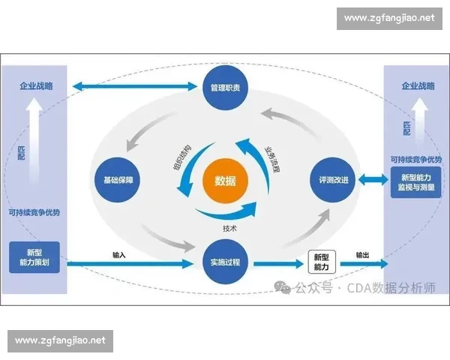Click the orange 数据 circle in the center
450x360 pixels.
pyautogui.click(x=225, y=181)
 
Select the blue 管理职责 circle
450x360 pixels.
pyautogui.click(x=225, y=88)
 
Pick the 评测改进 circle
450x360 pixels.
pyautogui.click(x=331, y=181)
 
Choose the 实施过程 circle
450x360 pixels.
pyautogui.click(x=225, y=263)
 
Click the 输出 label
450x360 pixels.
pyautogui.click(x=362, y=255)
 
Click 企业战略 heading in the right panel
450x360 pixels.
pyautogui.click(x=415, y=87)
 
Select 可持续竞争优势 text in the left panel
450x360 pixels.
pyautogui.click(x=34, y=212)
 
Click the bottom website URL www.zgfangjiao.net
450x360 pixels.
pyautogui.click(x=60, y=340)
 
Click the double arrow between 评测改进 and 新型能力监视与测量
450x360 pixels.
pyautogui.click(x=370, y=181)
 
